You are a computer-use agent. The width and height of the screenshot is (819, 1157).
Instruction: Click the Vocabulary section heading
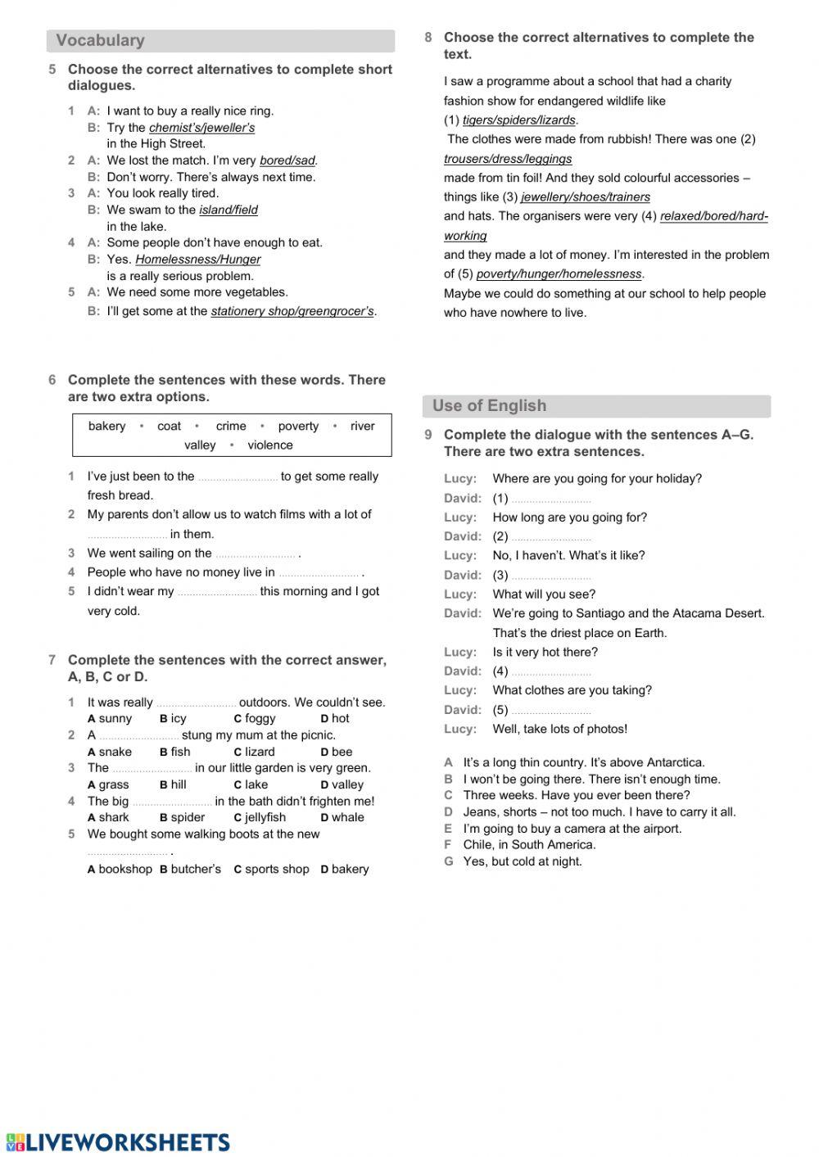point(100,40)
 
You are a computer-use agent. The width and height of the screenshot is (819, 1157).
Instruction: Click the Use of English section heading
point(489,405)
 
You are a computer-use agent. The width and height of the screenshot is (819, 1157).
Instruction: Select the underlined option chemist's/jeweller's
point(201,128)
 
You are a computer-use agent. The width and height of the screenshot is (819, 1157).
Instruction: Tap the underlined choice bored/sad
point(287,160)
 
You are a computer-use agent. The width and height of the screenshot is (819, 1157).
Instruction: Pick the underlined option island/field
point(228,210)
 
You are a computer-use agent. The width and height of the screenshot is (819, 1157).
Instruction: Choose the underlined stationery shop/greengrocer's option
point(292,311)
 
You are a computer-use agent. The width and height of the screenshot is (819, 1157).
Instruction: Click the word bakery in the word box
point(106,426)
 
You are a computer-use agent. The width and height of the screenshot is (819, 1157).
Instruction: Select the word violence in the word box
point(269,445)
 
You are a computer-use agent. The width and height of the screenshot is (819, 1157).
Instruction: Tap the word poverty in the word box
point(298,426)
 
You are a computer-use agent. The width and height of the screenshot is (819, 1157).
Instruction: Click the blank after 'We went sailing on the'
point(255,554)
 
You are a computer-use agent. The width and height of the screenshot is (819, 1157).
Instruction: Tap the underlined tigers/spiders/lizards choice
point(518,120)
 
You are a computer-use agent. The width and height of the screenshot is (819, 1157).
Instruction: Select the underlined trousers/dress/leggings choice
point(508,159)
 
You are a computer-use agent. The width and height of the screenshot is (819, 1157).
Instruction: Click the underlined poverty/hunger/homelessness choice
point(559,274)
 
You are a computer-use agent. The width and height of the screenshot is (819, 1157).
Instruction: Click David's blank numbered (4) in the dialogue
point(550,672)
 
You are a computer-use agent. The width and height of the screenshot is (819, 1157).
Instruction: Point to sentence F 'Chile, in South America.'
point(528,844)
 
